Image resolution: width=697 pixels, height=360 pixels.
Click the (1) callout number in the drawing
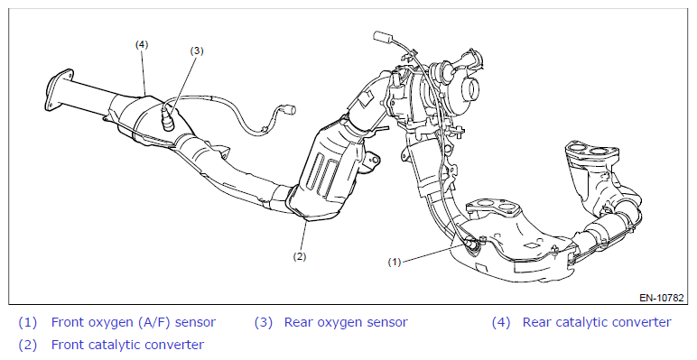395,263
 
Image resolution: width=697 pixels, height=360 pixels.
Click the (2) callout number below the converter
299,256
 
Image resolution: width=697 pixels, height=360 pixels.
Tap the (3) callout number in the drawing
197,51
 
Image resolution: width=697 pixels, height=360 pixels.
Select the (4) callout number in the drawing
142,44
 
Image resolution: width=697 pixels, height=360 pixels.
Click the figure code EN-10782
662,298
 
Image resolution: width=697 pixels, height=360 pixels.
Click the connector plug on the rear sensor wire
291,108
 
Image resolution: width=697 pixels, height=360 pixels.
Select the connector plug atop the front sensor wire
382,37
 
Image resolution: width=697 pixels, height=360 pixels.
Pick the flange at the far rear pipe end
59,90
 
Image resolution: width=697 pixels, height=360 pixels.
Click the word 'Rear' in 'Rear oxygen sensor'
297,322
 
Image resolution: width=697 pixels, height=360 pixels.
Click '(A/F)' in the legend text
153,322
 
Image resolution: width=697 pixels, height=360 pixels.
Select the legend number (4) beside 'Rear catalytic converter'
501,322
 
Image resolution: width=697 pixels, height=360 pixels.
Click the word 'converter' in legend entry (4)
646,322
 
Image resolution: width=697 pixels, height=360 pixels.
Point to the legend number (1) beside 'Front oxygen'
28,322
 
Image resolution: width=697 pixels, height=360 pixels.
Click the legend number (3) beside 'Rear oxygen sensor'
264,322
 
